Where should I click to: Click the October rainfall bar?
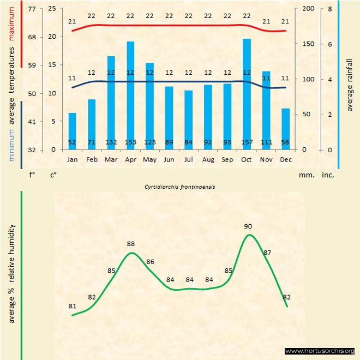(247, 93)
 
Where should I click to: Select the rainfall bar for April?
(130, 95)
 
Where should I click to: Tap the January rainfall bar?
(72, 131)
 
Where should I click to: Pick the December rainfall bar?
(285, 129)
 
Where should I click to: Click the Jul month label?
(189, 160)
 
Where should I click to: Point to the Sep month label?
(227, 160)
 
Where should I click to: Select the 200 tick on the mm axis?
(308, 9)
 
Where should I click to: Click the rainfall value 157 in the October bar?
(247, 143)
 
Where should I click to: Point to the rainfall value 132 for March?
(111, 143)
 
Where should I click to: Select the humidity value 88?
(131, 244)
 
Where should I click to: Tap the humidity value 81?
(73, 306)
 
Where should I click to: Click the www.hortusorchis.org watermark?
(320, 351)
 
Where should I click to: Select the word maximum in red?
(11, 24)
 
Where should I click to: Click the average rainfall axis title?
(350, 84)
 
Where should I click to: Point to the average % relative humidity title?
(11, 273)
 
